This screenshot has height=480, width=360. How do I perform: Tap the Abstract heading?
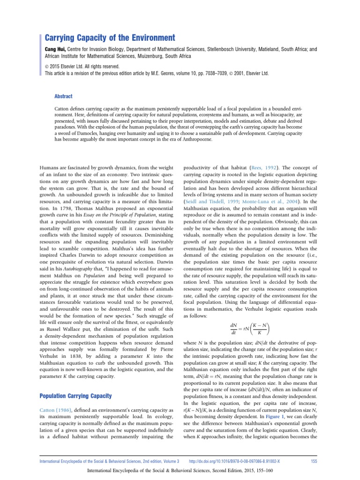[63, 96]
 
